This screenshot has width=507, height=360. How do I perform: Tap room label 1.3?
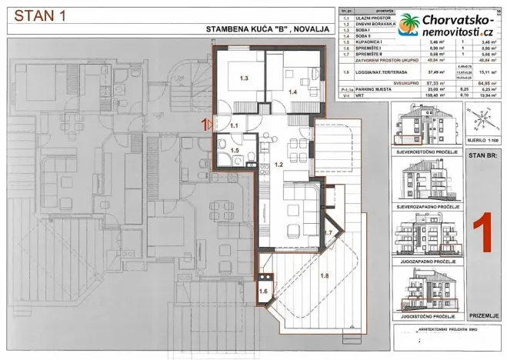244,78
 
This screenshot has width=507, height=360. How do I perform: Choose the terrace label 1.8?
324,275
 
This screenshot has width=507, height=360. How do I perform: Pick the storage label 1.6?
264,291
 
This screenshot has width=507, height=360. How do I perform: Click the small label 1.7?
326,232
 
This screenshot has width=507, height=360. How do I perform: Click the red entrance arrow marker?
205,122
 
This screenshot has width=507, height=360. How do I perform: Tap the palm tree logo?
410,27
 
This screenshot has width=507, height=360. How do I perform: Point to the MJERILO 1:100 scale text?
480,141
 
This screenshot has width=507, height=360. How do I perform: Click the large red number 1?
481,231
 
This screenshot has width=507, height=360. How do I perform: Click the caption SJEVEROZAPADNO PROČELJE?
427,206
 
